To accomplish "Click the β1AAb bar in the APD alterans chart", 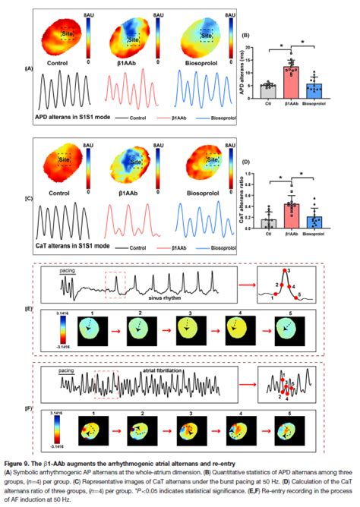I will (x=291, y=77).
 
